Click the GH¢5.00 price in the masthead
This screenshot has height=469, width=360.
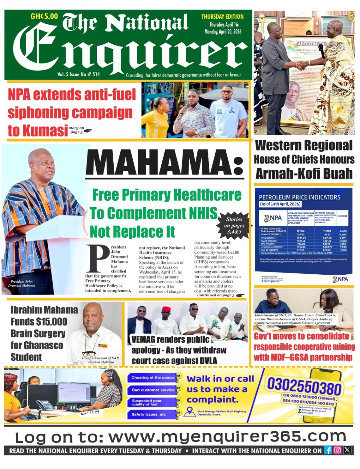[x=44, y=16]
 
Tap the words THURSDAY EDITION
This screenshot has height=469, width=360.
[x=222, y=17]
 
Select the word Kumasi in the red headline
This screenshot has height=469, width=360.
[x=38, y=131]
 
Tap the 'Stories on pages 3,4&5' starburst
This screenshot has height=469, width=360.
[x=234, y=225]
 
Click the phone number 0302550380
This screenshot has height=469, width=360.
[x=304, y=385]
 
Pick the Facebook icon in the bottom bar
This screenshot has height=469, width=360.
[x=328, y=450]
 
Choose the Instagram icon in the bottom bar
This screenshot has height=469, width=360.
[x=338, y=450]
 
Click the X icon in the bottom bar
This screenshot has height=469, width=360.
[x=347, y=450]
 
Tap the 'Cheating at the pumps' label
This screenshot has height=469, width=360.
[x=153, y=378]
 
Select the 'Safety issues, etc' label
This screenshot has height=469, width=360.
[x=149, y=414]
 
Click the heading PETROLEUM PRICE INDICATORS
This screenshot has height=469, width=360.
[x=299, y=197]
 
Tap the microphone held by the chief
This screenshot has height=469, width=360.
[x=322, y=51]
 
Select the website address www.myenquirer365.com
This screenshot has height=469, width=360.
[x=227, y=437]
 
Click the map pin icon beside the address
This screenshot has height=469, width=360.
[x=190, y=412]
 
